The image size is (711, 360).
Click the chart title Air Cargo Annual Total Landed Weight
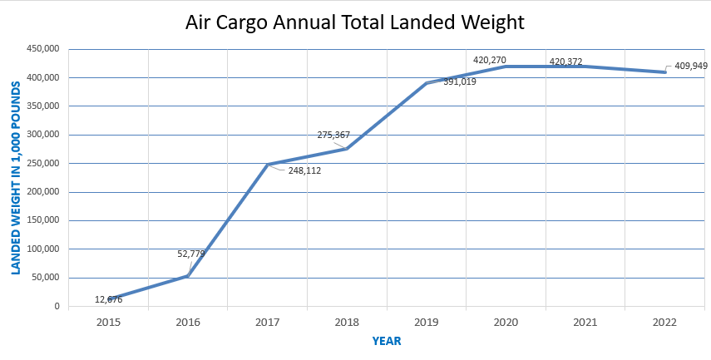click(x=354, y=22)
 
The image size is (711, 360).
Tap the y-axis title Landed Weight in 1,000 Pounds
click(x=15, y=178)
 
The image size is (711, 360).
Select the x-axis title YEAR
click(x=387, y=341)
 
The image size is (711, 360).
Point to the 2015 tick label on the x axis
click(x=109, y=321)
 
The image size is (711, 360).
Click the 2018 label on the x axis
click(x=347, y=321)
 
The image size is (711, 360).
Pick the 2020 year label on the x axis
click(x=506, y=321)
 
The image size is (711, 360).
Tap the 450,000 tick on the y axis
click(x=43, y=49)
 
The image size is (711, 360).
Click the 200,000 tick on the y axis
click(x=43, y=192)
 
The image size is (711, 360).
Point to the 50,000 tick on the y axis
click(x=46, y=278)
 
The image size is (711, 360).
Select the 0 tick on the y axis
click(x=57, y=307)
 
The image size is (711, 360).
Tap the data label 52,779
click(x=193, y=254)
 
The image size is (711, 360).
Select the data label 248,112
click(x=304, y=170)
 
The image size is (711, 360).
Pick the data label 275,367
click(x=333, y=135)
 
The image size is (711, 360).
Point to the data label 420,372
click(x=565, y=62)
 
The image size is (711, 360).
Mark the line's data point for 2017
click(x=268, y=165)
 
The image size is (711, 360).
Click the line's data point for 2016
click(x=188, y=276)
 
